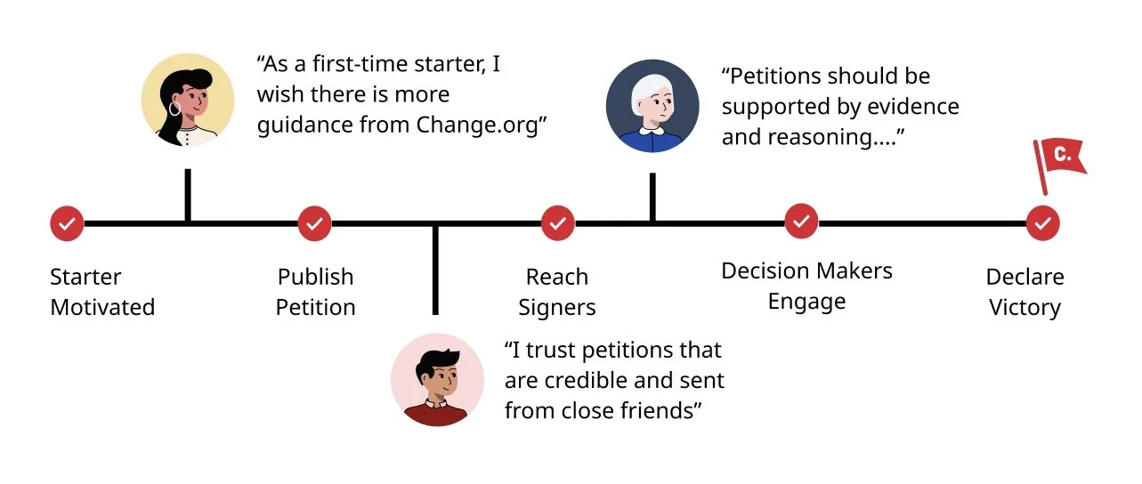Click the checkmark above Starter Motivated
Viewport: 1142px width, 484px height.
67,223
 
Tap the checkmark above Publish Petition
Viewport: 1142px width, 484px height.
314,223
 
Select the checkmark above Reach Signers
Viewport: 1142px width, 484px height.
557,223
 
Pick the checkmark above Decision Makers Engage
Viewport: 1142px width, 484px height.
801,221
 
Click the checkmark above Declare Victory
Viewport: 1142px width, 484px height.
1042,222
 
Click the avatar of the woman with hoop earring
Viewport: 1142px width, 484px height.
188,99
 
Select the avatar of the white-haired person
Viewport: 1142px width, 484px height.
652,106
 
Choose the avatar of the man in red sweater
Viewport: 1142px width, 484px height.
437,380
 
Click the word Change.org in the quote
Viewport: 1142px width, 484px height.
478,125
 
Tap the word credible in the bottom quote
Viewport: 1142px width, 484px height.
593,381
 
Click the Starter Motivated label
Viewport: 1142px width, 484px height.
101,292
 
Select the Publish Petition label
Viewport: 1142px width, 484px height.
315,292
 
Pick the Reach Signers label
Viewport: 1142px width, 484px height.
557,292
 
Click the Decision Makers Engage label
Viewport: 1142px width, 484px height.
806,285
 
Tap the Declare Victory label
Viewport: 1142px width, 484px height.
1025,292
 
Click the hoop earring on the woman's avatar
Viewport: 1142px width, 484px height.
174,109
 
